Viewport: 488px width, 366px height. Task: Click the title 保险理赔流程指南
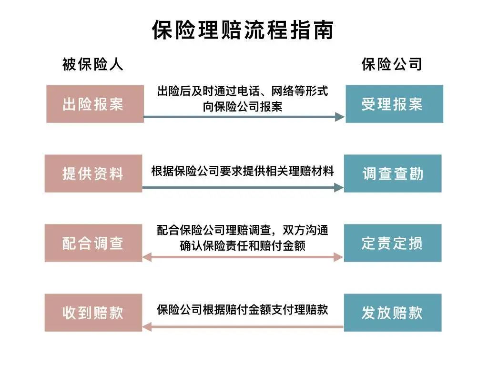pos(243,30)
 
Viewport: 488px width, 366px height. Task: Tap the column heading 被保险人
pos(93,64)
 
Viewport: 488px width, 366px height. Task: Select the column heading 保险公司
pos(392,64)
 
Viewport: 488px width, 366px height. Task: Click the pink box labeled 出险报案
pos(95,104)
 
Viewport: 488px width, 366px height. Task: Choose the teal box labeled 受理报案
pos(394,104)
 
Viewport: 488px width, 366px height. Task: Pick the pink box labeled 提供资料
pos(93,173)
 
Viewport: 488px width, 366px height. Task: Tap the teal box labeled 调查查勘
pos(393,173)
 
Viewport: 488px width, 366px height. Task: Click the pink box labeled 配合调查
pos(93,243)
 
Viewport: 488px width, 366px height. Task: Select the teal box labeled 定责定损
pos(393,243)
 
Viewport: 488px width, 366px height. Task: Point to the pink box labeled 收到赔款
pos(93,313)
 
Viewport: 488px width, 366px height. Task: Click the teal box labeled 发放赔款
pos(393,313)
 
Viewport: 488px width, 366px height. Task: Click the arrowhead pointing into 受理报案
pos(340,117)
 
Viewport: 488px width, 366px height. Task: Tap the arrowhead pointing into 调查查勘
pos(339,188)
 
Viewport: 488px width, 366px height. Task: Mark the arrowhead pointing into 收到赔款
pos(147,327)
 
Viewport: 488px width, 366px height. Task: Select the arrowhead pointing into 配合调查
pos(147,257)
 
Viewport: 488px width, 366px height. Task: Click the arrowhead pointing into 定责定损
pos(339,257)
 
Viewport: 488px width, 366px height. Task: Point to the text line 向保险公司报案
pos(243,107)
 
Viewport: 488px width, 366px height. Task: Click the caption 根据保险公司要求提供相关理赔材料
pos(243,171)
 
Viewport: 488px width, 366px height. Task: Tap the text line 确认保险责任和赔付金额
pos(243,246)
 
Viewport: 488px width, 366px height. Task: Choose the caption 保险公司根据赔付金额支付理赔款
pos(243,310)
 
